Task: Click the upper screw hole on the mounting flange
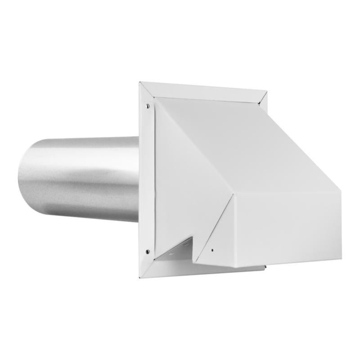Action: coord(148,106)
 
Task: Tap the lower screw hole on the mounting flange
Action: coord(148,252)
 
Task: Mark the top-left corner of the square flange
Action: coord(140,82)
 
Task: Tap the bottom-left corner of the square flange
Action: coord(139,278)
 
